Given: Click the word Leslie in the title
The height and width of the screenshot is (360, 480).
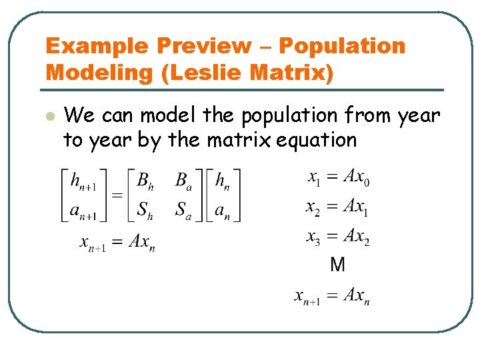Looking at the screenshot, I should [203, 72].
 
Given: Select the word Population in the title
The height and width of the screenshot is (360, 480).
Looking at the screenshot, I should [341, 46].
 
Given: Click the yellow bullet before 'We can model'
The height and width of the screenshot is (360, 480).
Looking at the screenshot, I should [48, 116].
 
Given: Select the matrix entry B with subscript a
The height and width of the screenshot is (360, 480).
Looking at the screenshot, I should [183, 181].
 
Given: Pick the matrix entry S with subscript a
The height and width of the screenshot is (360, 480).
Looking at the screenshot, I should [183, 211].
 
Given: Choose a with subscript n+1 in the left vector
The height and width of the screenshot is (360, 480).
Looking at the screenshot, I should [83, 211].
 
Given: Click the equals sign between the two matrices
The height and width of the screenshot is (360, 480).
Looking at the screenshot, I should [117, 196].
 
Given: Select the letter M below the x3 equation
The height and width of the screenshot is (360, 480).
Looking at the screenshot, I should [338, 265].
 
